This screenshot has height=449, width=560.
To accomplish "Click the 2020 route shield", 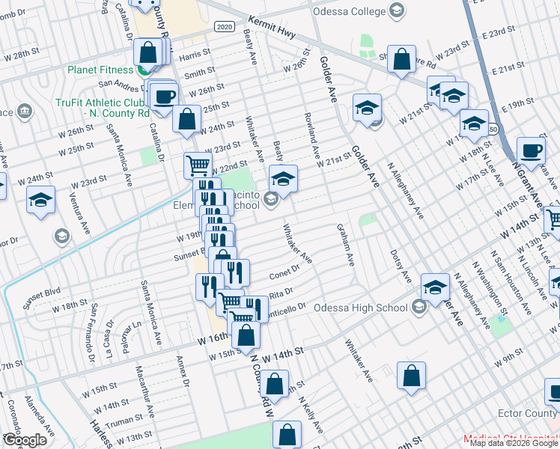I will pos(223,26).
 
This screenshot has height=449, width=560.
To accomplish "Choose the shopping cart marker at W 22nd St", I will pos(198,165).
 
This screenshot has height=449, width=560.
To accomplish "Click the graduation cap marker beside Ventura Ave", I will pos(40,200).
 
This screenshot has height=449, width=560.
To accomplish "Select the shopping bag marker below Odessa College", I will pos(402,61).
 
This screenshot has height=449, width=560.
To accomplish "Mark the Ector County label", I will pos(529,414).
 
